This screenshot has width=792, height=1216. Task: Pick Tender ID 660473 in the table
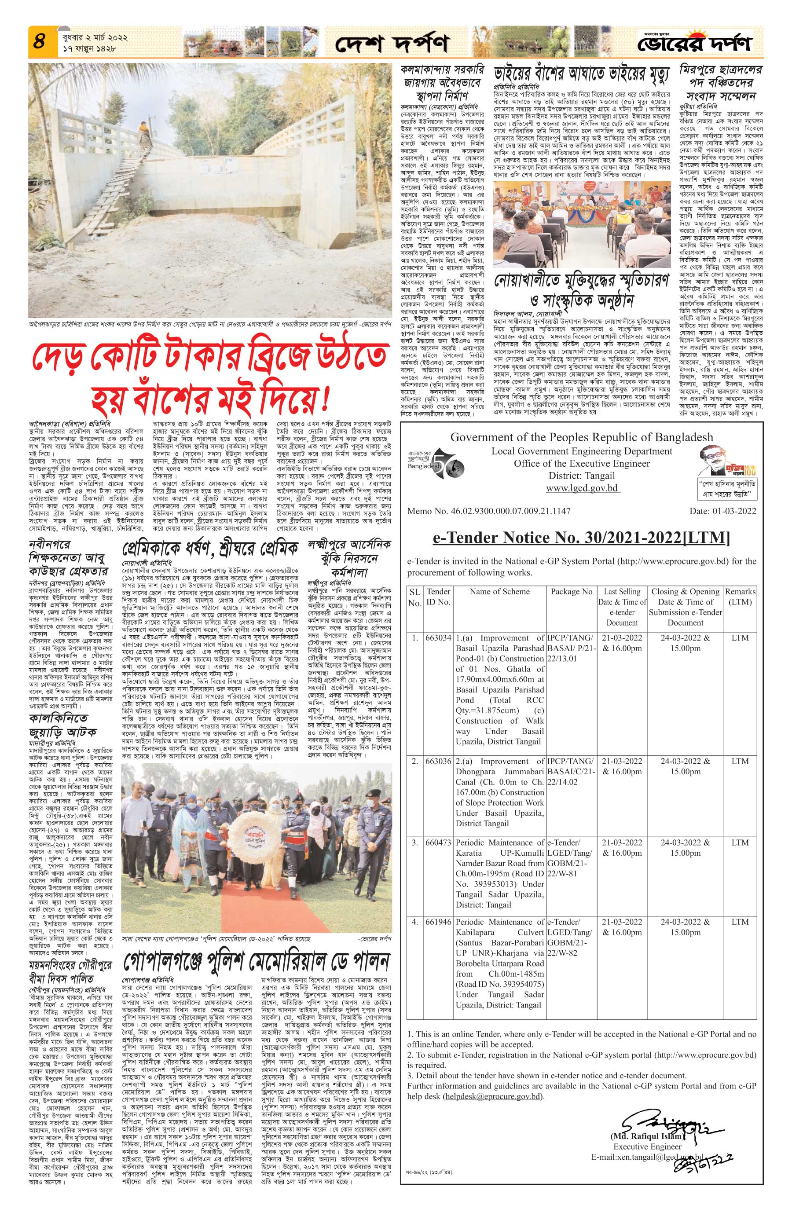coord(438,842)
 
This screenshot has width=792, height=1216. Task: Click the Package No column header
coord(571,591)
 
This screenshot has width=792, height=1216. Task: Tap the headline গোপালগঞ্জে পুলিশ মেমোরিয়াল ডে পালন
coord(257,963)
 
